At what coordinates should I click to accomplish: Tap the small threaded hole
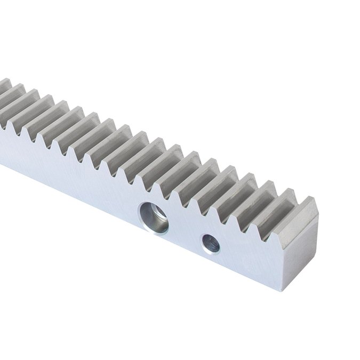click(x=211, y=244)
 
